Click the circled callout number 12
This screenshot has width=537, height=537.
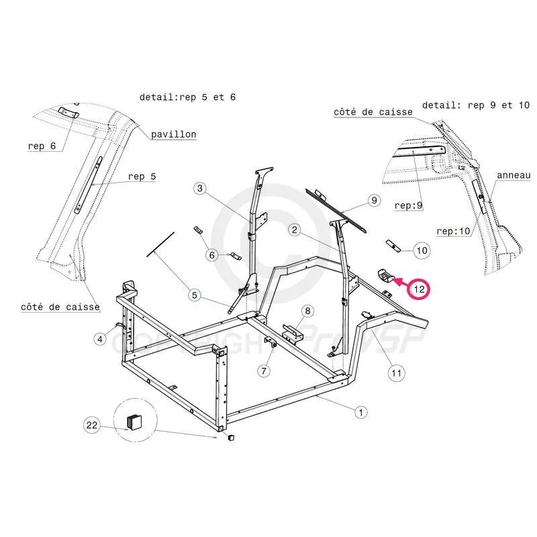(420, 289)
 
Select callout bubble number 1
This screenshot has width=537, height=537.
(360, 411)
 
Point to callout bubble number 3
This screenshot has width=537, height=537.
(199, 189)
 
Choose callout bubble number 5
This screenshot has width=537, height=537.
(195, 294)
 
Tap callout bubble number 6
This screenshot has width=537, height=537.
(212, 255)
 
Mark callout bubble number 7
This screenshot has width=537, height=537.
(264, 370)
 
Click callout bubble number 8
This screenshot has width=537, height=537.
(307, 311)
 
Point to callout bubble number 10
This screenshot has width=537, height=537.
(421, 251)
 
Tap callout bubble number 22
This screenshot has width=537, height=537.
(92, 424)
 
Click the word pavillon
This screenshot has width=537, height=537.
(173, 134)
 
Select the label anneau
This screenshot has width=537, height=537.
(513, 175)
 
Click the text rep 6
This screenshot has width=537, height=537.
(42, 146)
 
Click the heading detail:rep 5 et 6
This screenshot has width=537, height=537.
(188, 97)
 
